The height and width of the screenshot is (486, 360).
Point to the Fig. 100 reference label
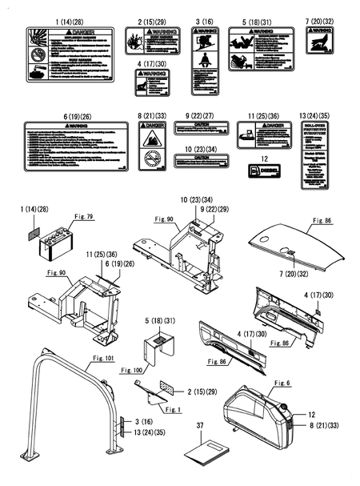[x=132, y=371]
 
